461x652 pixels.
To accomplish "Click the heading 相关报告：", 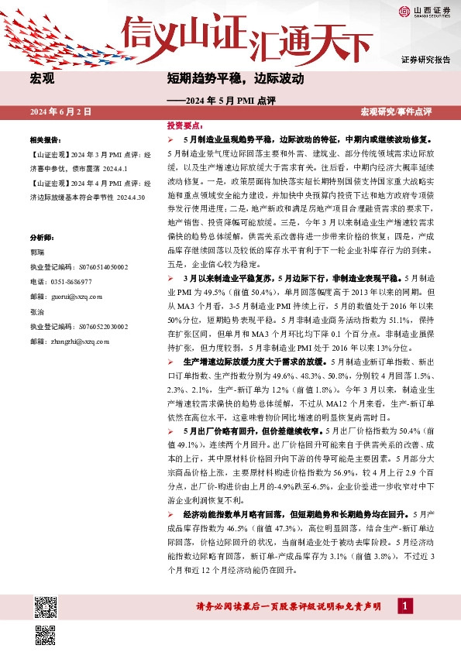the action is coord(46,140).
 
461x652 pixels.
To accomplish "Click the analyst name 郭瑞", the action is coord(36,230).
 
